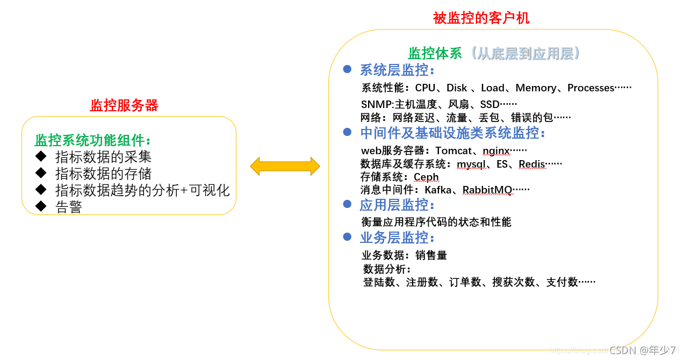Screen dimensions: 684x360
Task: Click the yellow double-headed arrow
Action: point(285,167)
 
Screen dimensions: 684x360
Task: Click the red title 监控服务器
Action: point(124,105)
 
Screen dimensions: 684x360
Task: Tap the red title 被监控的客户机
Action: point(481,18)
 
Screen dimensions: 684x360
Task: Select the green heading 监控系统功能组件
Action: point(93,141)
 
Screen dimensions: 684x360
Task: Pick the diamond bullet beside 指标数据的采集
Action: point(41,156)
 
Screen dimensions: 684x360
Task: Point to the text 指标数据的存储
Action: point(103,174)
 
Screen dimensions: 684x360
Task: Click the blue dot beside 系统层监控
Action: point(347,69)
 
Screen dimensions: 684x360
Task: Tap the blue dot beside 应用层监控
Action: point(347,204)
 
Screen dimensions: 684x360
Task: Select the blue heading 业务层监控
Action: point(397,237)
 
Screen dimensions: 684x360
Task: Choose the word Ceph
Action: point(426,177)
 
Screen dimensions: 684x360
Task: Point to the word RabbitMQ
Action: point(487,190)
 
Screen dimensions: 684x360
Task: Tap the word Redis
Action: point(532,164)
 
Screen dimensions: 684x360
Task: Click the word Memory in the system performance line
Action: point(536,88)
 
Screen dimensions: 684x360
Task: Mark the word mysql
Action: point(472,164)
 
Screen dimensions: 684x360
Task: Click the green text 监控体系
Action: point(435,53)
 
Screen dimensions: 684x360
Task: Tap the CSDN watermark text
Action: point(622,350)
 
